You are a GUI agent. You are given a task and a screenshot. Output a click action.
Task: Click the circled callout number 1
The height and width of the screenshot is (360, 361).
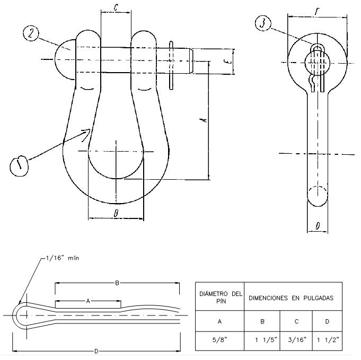[19, 165]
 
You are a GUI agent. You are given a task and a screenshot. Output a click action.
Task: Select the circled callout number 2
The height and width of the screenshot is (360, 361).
[31, 33]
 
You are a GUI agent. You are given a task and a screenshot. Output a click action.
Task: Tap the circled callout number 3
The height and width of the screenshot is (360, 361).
[263, 23]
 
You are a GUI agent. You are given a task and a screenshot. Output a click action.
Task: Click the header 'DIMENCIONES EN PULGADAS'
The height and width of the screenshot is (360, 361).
[291, 298]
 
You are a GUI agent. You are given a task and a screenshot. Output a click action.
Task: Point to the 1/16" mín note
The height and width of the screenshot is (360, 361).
[62, 258]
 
